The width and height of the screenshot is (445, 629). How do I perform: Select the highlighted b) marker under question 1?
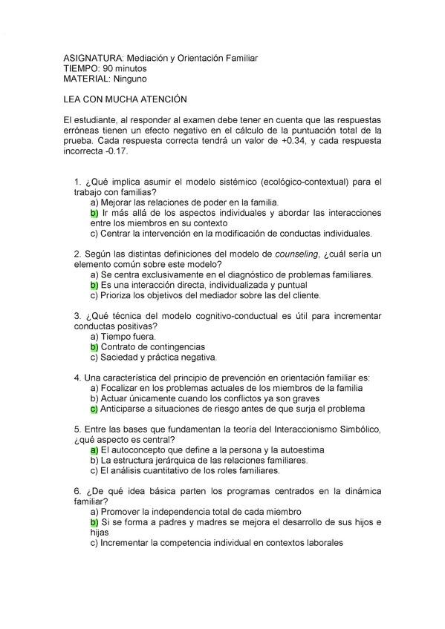[94, 213]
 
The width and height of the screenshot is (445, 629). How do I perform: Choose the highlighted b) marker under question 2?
[94, 285]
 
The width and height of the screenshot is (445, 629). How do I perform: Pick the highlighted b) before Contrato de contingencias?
[94, 346]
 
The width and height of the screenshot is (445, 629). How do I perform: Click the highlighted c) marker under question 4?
[94, 409]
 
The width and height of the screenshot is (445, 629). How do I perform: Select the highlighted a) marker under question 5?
[94, 450]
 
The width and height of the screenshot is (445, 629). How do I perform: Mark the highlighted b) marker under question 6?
[94, 522]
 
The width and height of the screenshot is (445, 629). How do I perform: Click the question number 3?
[77, 315]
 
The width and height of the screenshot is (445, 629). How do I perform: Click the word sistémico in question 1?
[235, 182]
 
